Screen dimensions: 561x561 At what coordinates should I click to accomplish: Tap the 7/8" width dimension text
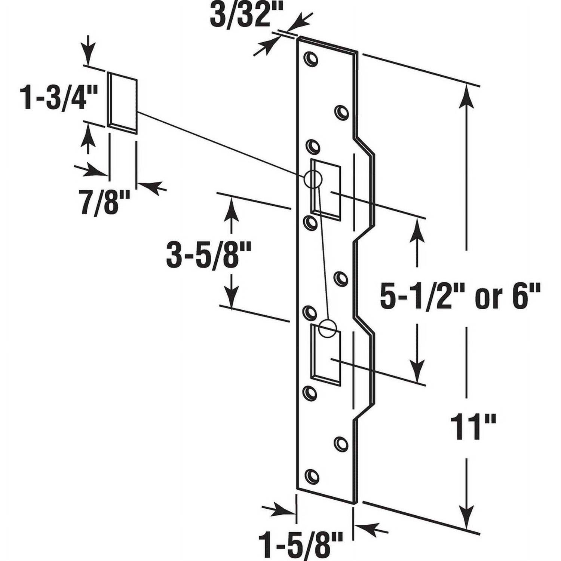coord(105,202)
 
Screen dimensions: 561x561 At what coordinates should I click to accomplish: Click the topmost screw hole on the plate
coord(310,59)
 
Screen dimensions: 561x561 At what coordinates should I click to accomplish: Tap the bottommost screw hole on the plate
coord(311,476)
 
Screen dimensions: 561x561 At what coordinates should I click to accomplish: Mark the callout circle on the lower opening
coord(328,329)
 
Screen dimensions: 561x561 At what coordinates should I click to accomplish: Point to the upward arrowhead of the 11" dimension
coord(466,96)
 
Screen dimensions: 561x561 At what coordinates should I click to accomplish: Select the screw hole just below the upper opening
coord(310,223)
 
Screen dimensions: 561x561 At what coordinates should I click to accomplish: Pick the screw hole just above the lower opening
coord(310,312)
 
